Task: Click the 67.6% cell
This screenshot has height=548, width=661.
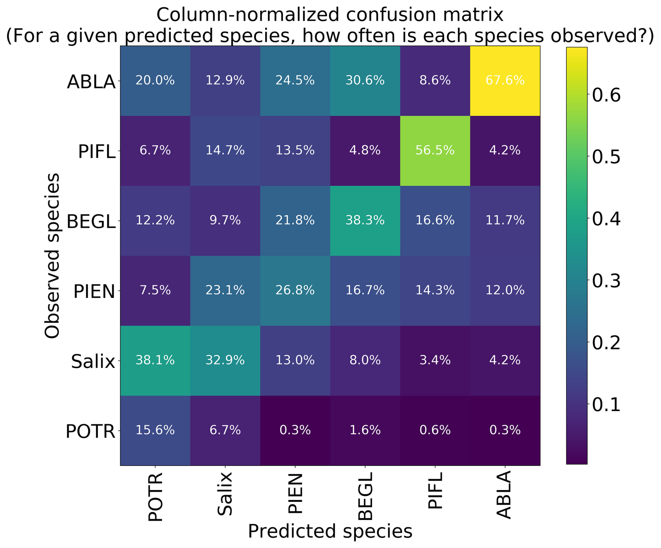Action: pyautogui.click(x=505, y=81)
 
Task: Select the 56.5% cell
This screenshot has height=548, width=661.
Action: pyautogui.click(x=435, y=151)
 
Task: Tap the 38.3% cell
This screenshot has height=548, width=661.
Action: pyautogui.click(x=365, y=220)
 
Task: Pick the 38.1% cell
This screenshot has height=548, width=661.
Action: pyautogui.click(x=155, y=360)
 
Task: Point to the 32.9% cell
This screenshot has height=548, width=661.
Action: pyautogui.click(x=225, y=360)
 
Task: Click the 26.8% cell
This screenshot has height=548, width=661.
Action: pyautogui.click(x=295, y=290)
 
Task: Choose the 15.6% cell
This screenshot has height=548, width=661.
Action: pyautogui.click(x=155, y=430)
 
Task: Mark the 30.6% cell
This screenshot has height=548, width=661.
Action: pyautogui.click(x=365, y=81)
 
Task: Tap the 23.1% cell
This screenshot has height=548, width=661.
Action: pyautogui.click(x=225, y=290)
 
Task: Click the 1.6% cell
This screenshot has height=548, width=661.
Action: pyautogui.click(x=365, y=430)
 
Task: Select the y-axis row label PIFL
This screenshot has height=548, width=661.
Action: pyautogui.click(x=96, y=152)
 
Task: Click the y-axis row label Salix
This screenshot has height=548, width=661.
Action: pyautogui.click(x=93, y=361)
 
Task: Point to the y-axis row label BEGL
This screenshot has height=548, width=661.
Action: pyautogui.click(x=91, y=222)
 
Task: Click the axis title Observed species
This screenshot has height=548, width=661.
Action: pyautogui.click(x=52, y=256)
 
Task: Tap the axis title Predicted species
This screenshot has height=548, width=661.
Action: pyautogui.click(x=330, y=532)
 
